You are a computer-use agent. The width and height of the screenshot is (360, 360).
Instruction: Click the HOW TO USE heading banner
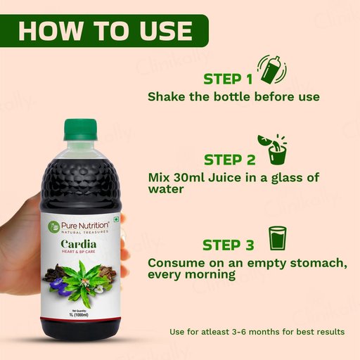point(104,31)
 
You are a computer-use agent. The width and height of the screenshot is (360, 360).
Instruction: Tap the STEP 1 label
point(228,79)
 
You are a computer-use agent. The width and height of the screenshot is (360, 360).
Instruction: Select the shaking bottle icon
point(272,70)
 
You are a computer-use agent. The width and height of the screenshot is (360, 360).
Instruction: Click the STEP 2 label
point(229,160)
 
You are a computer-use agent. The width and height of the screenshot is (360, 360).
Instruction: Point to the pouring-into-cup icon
point(273,150)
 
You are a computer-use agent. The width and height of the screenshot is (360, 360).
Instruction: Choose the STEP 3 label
point(229,245)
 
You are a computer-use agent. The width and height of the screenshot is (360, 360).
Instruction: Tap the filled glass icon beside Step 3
point(278,238)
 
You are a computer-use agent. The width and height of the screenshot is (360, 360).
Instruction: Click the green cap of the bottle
point(80,130)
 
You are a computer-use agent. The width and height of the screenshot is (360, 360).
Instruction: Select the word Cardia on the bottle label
point(79,244)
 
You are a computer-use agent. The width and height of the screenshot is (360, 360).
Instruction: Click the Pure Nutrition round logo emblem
point(53,226)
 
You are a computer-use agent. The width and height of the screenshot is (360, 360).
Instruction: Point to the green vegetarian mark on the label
point(116,219)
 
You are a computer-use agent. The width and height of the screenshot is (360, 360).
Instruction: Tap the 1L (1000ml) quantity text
point(79,315)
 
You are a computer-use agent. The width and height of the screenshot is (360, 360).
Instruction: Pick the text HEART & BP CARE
point(78,252)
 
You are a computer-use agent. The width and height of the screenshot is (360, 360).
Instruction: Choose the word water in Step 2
point(166,189)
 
